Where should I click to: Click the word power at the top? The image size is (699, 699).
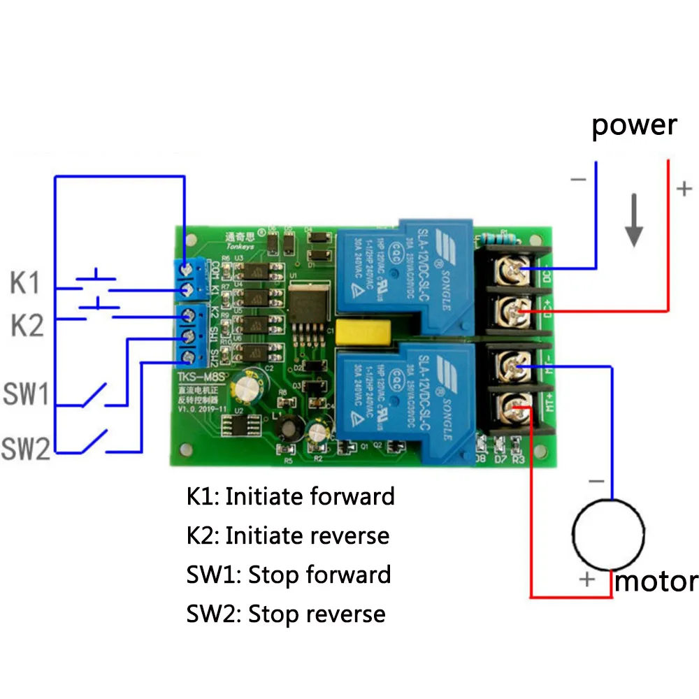tap(634, 126)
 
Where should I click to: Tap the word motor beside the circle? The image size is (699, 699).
tap(655, 581)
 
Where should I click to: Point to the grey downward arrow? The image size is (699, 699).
tap(633, 221)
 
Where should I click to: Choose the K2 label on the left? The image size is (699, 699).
tap(27, 326)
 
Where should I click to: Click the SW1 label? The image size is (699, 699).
tap(25, 395)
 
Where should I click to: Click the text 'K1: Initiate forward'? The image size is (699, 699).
tap(291, 496)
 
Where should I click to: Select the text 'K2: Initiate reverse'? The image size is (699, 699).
tap(288, 535)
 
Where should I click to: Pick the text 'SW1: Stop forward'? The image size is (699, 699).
tap(289, 575)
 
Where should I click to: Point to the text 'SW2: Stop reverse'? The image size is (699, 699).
tap(286, 614)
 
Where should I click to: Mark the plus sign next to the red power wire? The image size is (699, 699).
tap(684, 188)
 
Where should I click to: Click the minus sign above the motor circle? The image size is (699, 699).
tap(596, 482)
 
